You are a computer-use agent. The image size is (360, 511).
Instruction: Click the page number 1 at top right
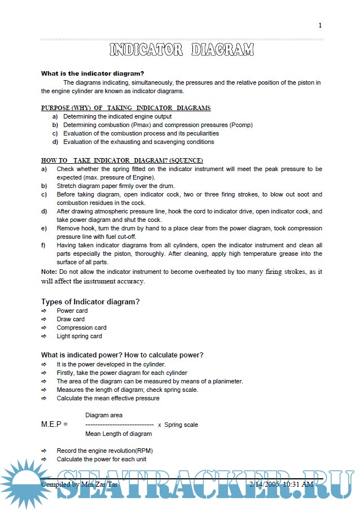coord(320,25)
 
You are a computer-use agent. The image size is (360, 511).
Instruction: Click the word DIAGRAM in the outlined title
coord(222,50)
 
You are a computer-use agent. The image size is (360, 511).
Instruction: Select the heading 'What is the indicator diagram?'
coord(93,73)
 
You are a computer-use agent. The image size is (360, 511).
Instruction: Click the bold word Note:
coord(49,272)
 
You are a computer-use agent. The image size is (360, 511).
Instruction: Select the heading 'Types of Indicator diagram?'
coord(90,302)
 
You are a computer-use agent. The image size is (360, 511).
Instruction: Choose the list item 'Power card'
coord(72,311)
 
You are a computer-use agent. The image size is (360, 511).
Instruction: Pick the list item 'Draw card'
coord(71,319)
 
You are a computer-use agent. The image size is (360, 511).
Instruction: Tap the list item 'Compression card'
coord(81,327)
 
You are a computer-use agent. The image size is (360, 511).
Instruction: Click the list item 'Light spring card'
coord(79,336)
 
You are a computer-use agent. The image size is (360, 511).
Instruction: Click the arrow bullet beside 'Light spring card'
coord(43,336)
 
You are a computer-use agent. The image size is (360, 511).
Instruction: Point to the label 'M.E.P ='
coord(54,424)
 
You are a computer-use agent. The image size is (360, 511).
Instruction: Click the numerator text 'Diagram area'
coord(104,415)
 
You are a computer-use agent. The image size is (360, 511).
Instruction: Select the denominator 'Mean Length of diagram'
coord(118,434)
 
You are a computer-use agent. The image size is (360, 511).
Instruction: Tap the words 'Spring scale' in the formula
coord(181,425)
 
